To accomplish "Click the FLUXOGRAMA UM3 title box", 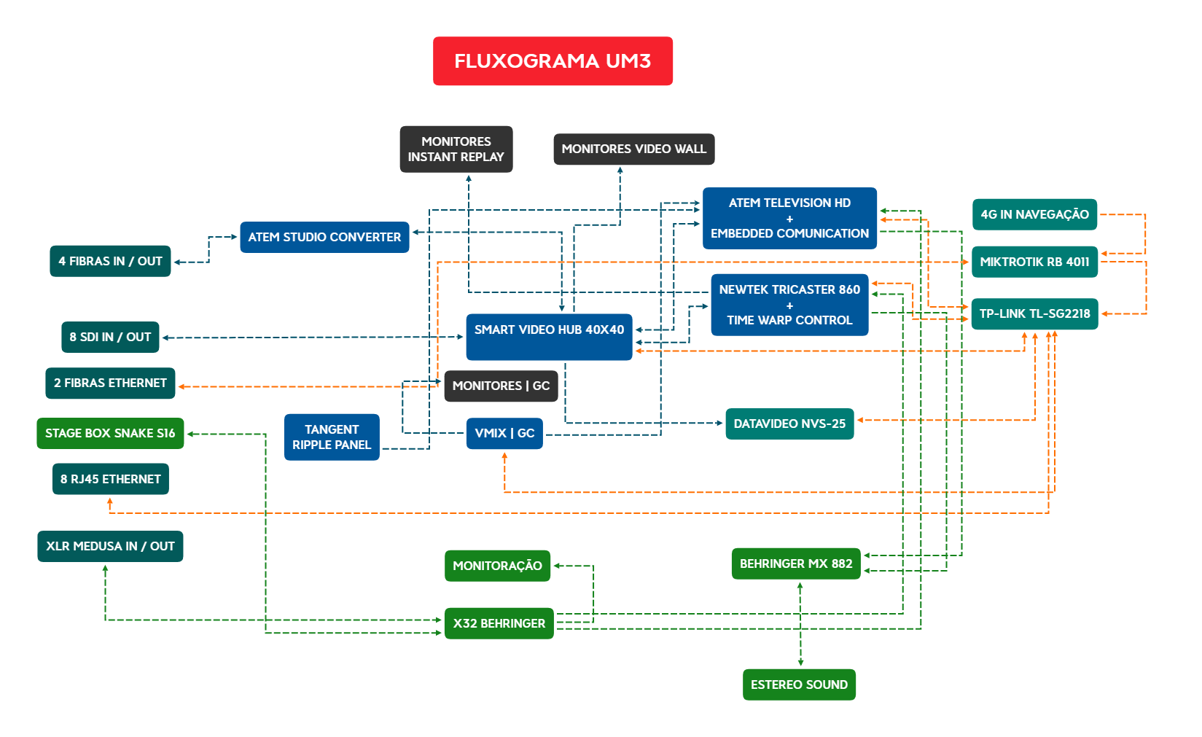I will coord(553,61).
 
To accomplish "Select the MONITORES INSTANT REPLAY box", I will coord(456,149).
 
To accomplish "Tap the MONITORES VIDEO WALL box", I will coord(633,149).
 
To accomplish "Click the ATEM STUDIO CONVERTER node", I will coord(324,238).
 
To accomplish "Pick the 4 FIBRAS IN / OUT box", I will coord(110,261).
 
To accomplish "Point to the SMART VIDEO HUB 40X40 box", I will coord(549,337).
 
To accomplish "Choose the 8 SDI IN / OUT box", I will coord(110,338).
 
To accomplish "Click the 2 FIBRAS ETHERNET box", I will coord(110,383).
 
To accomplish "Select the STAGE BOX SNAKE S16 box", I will coord(110,434).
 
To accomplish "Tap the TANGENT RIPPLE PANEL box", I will coord(332,437).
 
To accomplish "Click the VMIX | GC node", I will coord(504,434).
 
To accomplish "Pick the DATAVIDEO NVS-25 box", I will coord(789,424).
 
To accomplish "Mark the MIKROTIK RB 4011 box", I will coord(1034,262).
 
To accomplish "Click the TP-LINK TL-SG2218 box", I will coord(1034,314).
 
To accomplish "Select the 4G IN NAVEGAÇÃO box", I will coord(1034,214).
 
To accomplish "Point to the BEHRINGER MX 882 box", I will coord(796,564).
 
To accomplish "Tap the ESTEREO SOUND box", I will coord(799,685).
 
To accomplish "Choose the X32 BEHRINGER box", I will coord(499,624).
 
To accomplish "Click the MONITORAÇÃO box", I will coord(497,566).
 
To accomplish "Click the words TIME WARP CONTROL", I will coord(789,321).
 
